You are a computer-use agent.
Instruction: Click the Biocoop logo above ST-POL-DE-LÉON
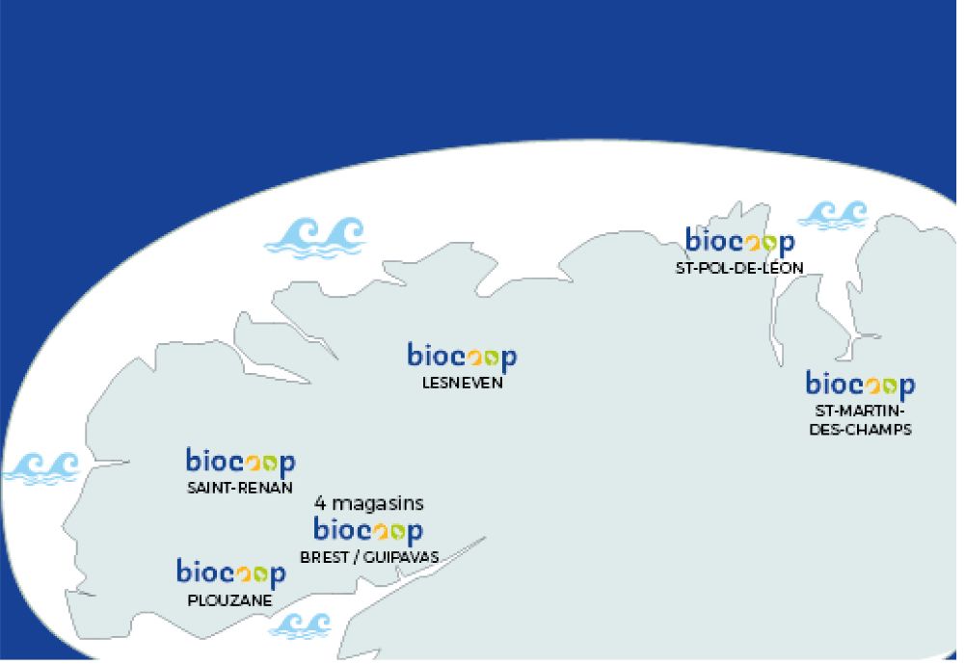click(740, 242)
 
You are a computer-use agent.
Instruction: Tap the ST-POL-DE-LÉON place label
click(739, 268)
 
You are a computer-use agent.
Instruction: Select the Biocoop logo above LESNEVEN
click(463, 358)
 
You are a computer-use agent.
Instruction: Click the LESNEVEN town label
click(463, 383)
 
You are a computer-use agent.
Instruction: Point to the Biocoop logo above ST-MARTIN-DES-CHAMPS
click(861, 386)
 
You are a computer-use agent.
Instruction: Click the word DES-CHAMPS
click(861, 429)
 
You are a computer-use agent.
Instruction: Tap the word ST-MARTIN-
click(861, 411)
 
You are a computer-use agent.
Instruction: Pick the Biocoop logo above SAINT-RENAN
click(241, 463)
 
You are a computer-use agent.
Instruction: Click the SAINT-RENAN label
click(240, 488)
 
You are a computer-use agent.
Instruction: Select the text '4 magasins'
click(369, 503)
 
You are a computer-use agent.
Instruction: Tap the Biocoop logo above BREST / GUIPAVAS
click(368, 530)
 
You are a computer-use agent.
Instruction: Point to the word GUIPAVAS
click(401, 557)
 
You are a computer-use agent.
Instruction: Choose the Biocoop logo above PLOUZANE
click(231, 573)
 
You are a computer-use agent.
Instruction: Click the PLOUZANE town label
click(230, 599)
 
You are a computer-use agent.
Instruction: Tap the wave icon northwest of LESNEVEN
click(315, 237)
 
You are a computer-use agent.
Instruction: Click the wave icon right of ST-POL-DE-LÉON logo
click(833, 215)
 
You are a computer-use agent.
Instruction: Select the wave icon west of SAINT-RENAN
click(41, 469)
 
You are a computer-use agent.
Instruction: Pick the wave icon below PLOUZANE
click(301, 625)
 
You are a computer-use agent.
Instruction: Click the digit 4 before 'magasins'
click(320, 503)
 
